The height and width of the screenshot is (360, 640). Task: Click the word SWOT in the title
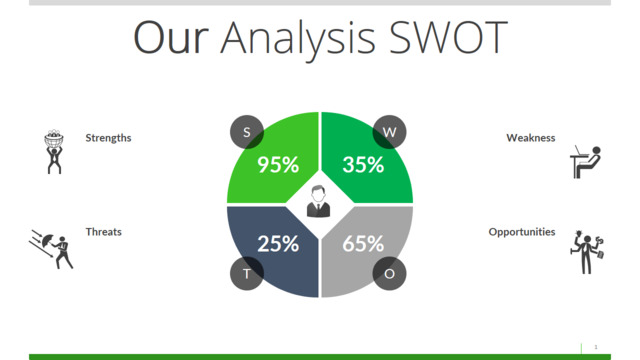(x=448, y=37)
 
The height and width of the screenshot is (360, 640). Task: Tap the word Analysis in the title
(x=298, y=40)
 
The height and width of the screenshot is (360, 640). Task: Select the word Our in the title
(x=171, y=37)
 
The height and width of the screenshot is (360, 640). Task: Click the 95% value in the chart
(x=278, y=164)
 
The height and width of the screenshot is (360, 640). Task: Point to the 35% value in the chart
(x=363, y=164)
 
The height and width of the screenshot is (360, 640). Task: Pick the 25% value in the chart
(x=278, y=244)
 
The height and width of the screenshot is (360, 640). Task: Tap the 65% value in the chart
(x=363, y=244)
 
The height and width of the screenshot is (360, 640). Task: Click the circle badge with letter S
(x=247, y=132)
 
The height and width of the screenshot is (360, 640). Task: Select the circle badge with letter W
(x=389, y=132)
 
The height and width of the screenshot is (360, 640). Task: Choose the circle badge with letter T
(x=247, y=273)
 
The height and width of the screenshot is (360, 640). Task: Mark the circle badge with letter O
(x=389, y=273)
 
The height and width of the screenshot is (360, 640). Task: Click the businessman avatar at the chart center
(x=318, y=201)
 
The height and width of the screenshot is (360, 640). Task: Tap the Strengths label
(x=108, y=138)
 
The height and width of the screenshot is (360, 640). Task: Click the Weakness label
(x=531, y=138)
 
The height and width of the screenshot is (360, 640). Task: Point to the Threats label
(x=104, y=232)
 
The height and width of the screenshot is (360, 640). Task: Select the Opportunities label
(x=522, y=232)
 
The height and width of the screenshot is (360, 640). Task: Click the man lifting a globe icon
(x=54, y=152)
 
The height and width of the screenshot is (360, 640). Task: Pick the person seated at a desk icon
(x=586, y=162)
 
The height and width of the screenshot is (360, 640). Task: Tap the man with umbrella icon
(x=51, y=249)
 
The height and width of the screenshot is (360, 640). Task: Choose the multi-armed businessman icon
(x=587, y=252)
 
